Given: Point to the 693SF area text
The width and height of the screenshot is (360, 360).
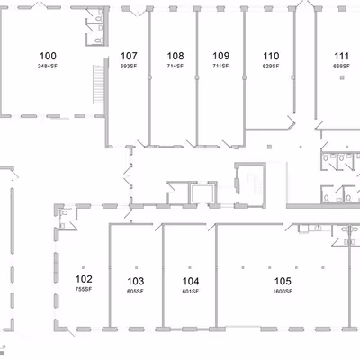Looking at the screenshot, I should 128,66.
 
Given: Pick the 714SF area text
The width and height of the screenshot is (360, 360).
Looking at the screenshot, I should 175,66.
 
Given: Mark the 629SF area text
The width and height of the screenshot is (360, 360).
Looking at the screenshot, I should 270,66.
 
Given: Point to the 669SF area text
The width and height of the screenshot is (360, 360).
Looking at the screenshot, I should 341,66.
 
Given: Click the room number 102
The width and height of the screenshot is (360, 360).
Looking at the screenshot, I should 83,279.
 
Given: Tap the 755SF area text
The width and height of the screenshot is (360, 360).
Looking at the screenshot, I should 83,289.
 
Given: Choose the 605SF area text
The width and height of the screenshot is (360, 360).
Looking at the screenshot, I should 135,292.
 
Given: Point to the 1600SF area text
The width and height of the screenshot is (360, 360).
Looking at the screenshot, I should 282,292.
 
